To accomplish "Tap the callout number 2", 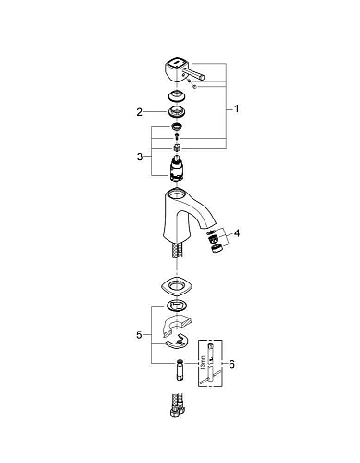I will [140, 112].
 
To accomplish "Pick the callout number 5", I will [140, 331].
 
